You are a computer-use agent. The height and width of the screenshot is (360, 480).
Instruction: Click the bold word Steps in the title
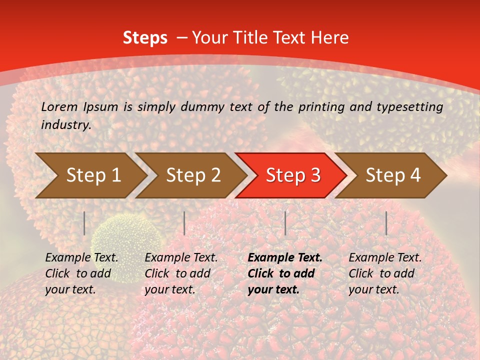click(x=145, y=38)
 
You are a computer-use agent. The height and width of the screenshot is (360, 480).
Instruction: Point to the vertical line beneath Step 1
click(x=84, y=223)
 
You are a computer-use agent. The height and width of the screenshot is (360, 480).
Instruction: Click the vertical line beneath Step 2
click(x=184, y=223)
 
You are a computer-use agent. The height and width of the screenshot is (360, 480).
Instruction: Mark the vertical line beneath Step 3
click(x=285, y=223)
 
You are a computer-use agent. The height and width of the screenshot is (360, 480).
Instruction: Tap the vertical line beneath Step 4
click(x=386, y=223)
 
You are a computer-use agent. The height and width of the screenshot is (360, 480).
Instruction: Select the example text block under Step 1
click(x=81, y=273)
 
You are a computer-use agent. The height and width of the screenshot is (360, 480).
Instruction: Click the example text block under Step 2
click(x=181, y=273)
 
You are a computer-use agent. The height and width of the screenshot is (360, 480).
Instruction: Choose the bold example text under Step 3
click(x=285, y=273)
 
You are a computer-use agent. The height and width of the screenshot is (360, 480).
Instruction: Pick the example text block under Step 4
click(x=385, y=273)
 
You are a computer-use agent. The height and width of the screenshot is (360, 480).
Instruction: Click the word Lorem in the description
click(x=59, y=106)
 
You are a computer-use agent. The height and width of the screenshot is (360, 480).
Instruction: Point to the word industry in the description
click(x=65, y=125)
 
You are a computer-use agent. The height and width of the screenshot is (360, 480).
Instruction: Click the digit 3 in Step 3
click(x=315, y=175)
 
